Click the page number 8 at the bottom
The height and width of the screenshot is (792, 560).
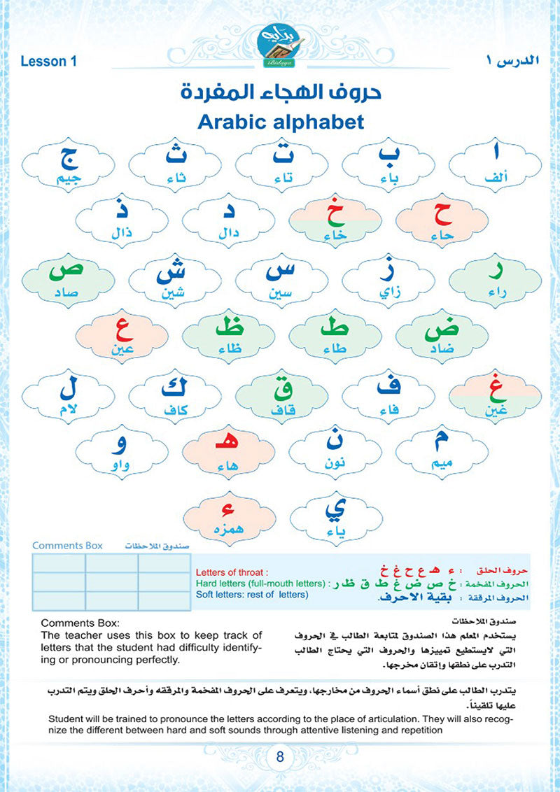click(x=279, y=758)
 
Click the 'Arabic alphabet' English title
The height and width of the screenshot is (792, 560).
click(x=280, y=121)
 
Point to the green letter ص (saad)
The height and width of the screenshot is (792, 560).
click(x=68, y=269)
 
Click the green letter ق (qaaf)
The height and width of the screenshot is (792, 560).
click(x=281, y=384)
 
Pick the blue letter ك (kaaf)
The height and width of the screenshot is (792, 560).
click(x=175, y=383)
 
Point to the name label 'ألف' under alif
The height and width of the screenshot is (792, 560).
click(x=494, y=180)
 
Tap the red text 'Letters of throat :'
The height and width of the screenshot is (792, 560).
click(x=227, y=571)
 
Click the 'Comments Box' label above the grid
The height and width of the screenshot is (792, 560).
click(x=67, y=545)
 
